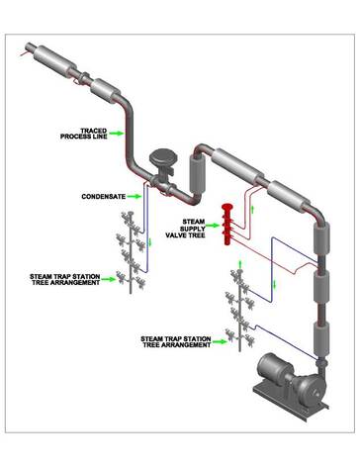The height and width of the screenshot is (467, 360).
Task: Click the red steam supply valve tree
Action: click(x=227, y=225)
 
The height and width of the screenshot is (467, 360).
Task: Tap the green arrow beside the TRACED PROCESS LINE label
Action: click(x=117, y=134)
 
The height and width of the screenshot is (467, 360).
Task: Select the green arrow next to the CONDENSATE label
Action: click(x=135, y=196)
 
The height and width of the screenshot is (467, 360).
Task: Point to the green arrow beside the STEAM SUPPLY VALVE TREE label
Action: click(x=212, y=226)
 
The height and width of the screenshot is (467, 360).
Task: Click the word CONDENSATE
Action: click(x=104, y=197)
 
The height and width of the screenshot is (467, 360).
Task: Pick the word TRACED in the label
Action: click(x=94, y=131)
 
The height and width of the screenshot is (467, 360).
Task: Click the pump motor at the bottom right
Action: click(x=275, y=368)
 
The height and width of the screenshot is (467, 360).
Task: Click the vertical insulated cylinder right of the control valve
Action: click(x=198, y=174)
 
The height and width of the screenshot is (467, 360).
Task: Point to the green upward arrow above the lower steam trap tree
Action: click(x=240, y=264)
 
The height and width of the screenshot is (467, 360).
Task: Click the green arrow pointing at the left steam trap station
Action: click(x=109, y=279)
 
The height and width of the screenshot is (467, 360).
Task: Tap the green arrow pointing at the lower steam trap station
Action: click(x=220, y=341)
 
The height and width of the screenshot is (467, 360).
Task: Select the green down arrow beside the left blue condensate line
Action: click(x=151, y=242)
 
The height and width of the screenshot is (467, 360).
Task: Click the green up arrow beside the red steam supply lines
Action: click(x=253, y=209)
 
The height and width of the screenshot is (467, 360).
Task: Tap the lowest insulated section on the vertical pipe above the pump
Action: click(x=321, y=338)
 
